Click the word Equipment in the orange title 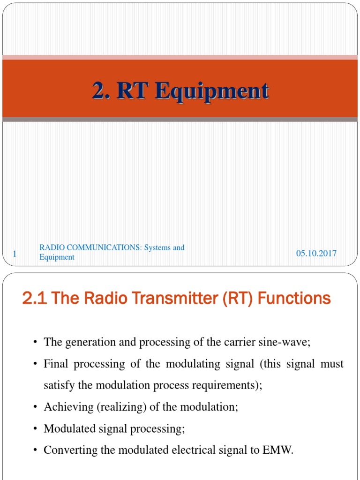[x=213, y=91]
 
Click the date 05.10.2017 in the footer [x=316, y=253]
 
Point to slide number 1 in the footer [x=15, y=254]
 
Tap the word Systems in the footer [x=158, y=247]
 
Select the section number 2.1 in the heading [x=34, y=298]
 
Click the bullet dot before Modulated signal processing [x=36, y=428]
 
